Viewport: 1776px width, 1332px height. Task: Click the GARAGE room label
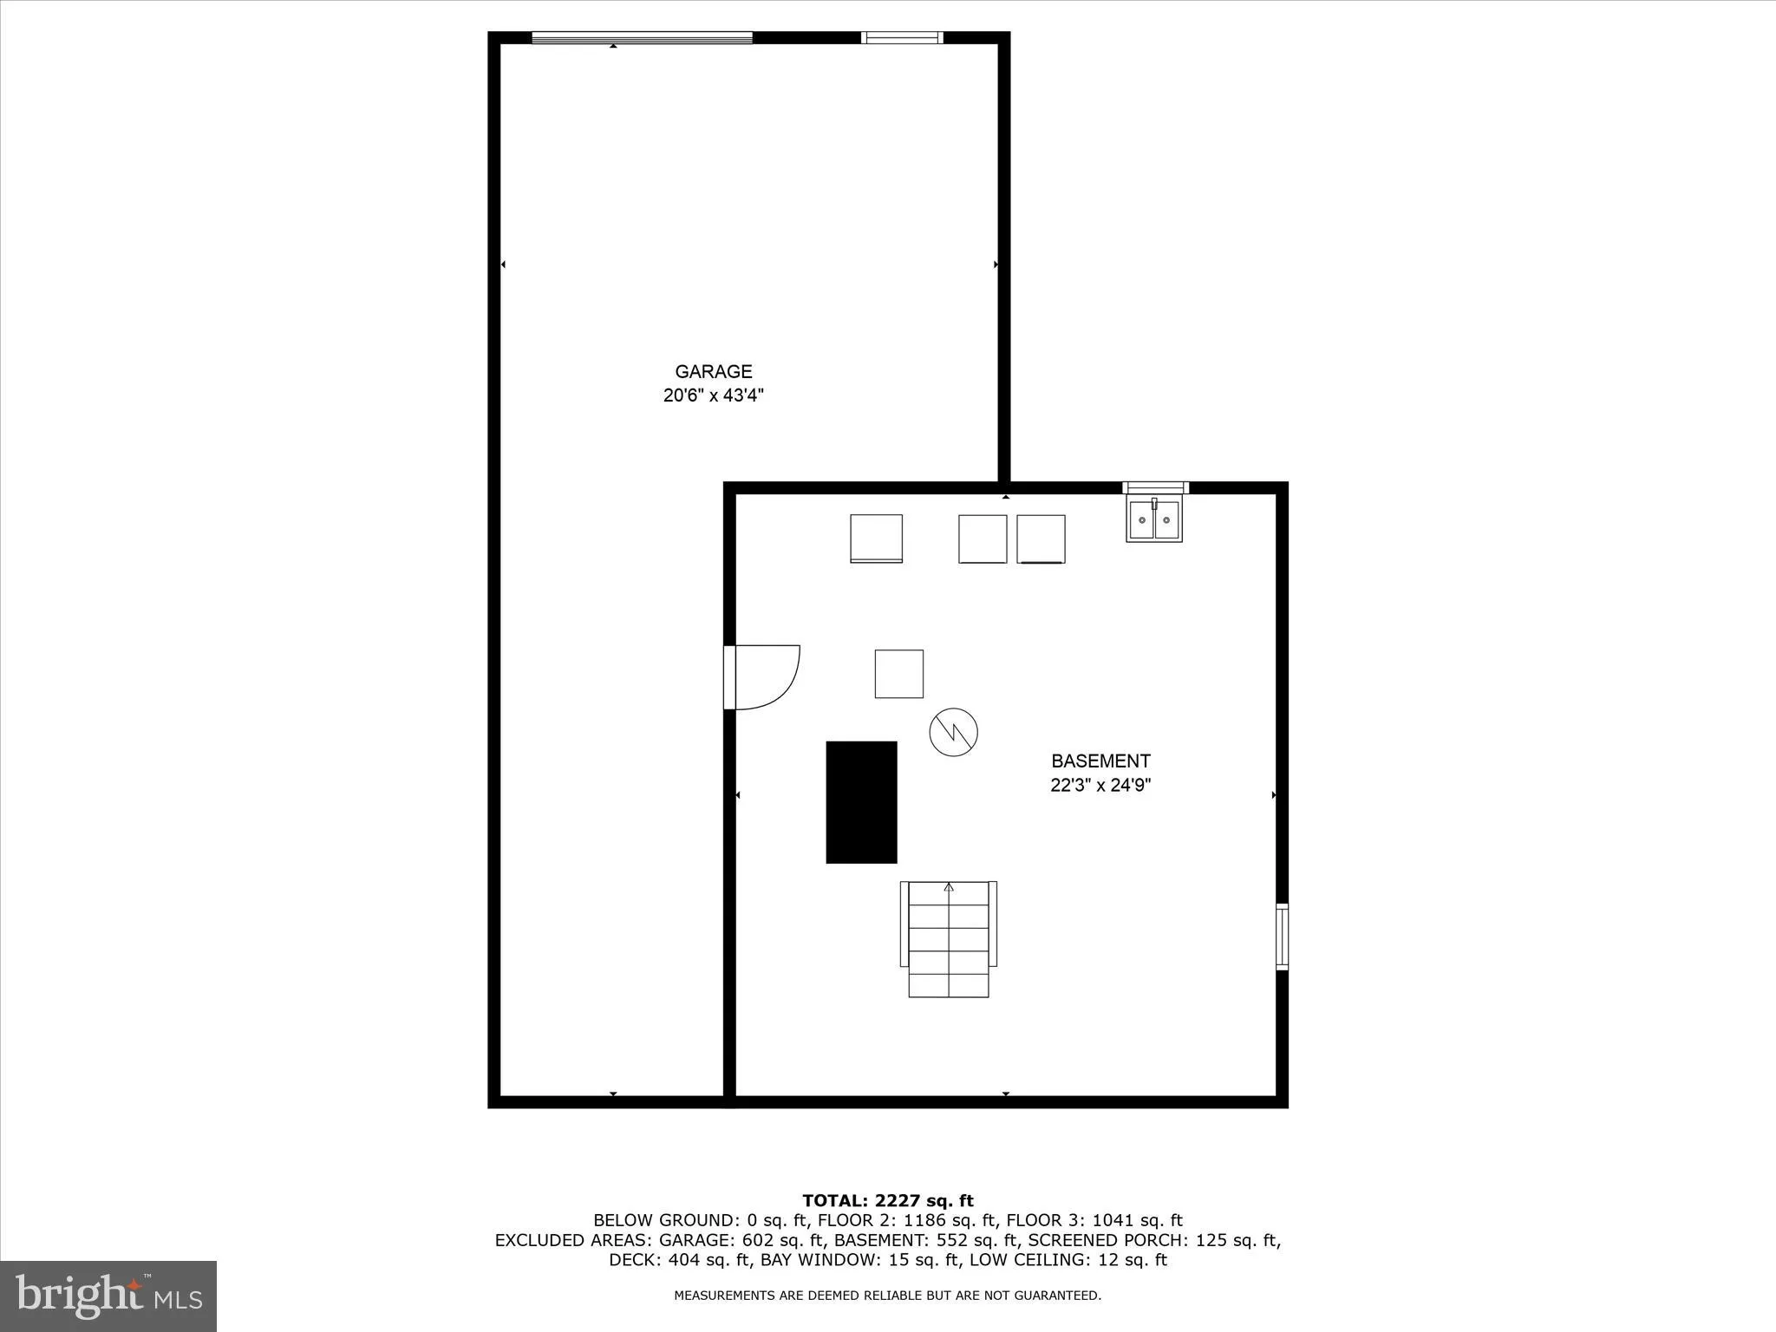click(x=713, y=371)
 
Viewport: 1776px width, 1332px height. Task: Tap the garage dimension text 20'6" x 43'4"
click(x=713, y=396)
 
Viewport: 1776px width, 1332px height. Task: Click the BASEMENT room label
click(x=1100, y=761)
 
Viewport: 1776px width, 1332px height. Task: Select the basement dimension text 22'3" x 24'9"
click(x=1100, y=786)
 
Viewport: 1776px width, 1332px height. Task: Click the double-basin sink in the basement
click(x=1153, y=519)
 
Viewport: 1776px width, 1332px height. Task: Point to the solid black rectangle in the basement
click(x=861, y=802)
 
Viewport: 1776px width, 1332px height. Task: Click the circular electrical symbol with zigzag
click(x=953, y=732)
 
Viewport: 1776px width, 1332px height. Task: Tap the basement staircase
click(x=949, y=938)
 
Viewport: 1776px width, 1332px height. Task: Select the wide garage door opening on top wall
click(x=642, y=37)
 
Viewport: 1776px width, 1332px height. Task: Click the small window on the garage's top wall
click(x=902, y=37)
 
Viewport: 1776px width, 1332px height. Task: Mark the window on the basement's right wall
click(x=1282, y=936)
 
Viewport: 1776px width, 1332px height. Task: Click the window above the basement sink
click(x=1155, y=487)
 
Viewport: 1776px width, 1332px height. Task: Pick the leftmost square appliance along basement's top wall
click(x=876, y=539)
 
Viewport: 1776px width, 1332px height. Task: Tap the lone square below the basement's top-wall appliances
click(x=898, y=674)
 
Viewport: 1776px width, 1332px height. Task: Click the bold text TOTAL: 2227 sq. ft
click(x=888, y=1201)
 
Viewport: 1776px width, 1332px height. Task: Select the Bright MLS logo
click(x=108, y=1296)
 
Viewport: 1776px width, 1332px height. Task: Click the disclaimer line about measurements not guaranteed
click(x=888, y=1296)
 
